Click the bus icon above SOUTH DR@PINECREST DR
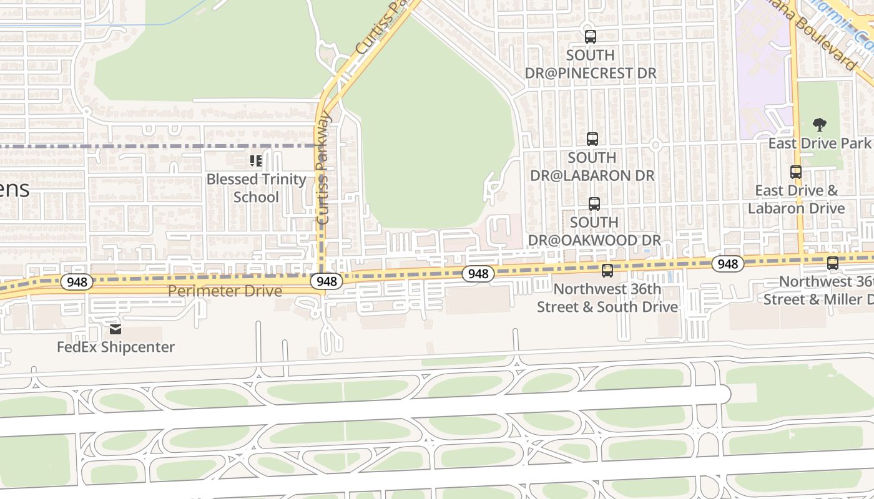(591, 37)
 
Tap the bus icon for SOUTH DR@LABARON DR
(592, 139)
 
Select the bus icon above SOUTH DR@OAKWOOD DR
(594, 204)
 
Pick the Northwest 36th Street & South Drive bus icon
(607, 271)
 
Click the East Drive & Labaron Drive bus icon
(796, 172)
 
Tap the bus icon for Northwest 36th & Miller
(833, 263)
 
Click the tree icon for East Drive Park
(820, 125)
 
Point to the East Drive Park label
(819, 143)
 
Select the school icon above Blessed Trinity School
(256, 162)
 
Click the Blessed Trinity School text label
(257, 188)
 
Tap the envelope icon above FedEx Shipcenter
(115, 329)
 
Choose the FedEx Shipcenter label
(116, 347)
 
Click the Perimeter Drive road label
(225, 291)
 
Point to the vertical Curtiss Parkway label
(323, 168)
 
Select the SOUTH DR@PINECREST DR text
(591, 64)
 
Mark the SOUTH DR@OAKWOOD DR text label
(594, 231)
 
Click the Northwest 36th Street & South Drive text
(607, 298)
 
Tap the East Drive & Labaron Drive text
(796, 200)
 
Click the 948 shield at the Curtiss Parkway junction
(327, 281)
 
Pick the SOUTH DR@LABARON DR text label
(592, 167)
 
